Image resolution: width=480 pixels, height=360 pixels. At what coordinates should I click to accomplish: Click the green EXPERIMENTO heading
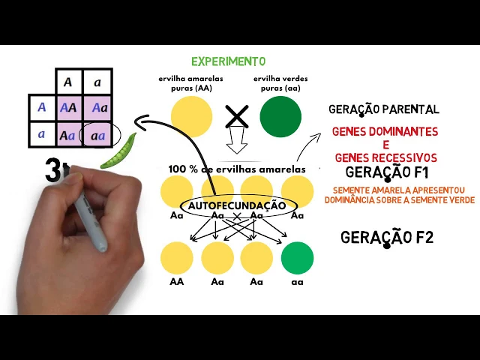228,61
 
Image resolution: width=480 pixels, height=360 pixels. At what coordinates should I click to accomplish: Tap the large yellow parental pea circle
191,117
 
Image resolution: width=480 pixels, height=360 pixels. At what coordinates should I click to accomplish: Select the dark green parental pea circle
280,117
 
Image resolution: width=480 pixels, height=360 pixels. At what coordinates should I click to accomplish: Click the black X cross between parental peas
237,116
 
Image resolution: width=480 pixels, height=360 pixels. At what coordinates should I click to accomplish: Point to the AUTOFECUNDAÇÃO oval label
237,205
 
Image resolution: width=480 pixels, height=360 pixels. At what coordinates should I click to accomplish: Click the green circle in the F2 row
297,257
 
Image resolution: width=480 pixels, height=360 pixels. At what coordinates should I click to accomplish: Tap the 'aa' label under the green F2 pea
297,282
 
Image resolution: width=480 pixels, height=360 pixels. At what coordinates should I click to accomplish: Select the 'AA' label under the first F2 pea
177,282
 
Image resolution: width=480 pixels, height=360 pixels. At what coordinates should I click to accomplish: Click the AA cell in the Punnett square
68,108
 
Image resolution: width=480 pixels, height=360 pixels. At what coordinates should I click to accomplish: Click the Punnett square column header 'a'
97,82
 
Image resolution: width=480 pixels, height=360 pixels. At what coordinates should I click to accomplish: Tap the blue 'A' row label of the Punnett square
41,108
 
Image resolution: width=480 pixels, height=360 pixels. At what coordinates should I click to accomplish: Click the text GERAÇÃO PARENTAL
383,109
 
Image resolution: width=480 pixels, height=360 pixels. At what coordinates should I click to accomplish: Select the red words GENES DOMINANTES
385,131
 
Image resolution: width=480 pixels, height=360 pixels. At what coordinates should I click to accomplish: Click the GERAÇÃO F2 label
387,238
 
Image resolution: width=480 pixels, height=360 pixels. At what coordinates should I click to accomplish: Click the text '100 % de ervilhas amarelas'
237,169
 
